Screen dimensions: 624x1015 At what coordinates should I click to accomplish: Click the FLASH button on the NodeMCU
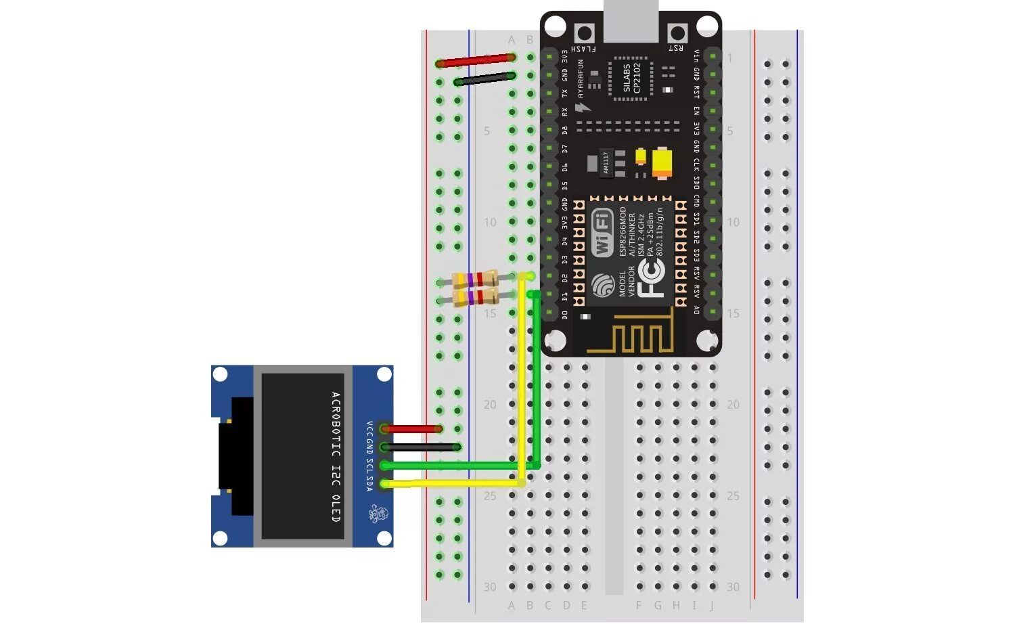(x=583, y=32)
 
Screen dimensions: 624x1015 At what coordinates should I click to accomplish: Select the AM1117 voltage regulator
(x=606, y=163)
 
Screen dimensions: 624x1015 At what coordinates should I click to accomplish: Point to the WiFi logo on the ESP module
(x=602, y=232)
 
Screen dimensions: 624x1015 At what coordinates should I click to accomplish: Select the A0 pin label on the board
(x=696, y=311)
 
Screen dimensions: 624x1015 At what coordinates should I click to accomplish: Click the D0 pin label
(x=565, y=314)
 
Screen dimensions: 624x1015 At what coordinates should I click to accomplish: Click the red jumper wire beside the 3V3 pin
(x=476, y=61)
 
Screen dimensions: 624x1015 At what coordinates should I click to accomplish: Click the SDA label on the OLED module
(x=369, y=485)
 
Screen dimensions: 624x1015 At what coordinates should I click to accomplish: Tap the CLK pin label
(x=696, y=164)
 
